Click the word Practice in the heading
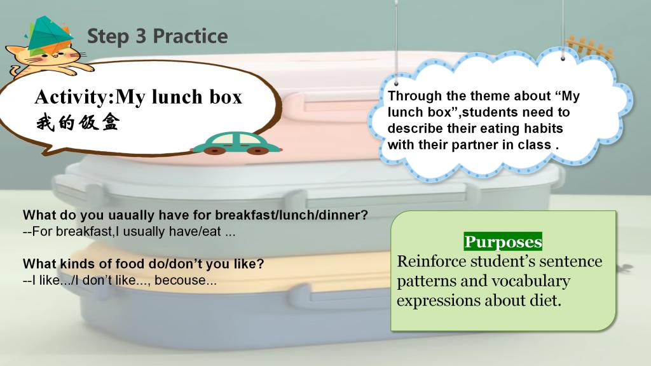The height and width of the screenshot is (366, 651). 190,36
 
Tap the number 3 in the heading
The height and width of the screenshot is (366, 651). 141,36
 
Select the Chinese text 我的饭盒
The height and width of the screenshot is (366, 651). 78,123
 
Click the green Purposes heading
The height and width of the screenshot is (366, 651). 504,241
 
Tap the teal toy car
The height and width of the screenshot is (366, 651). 236,144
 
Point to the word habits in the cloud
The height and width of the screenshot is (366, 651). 543,128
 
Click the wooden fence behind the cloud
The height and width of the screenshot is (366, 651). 589,47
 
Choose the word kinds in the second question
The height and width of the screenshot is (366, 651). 74,264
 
